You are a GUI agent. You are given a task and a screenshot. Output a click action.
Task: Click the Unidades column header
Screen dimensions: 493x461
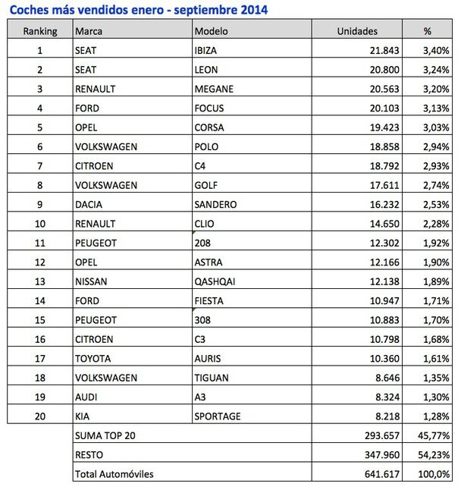click(357, 31)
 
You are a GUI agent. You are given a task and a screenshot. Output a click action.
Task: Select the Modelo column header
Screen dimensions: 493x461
click(211, 31)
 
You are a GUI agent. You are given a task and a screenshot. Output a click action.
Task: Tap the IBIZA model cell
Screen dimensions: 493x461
click(206, 50)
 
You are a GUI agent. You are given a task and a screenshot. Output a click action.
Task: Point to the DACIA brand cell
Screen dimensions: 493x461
click(89, 204)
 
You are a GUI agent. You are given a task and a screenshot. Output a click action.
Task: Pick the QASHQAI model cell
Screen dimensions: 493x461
click(215, 281)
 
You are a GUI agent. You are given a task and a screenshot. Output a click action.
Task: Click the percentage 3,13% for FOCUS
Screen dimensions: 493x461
click(436, 108)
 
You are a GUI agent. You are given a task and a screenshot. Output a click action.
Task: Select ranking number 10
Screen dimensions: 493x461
click(39, 224)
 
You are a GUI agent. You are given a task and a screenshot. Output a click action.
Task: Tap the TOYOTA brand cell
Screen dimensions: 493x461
click(93, 358)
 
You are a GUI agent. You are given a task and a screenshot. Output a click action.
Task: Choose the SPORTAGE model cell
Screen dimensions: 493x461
click(218, 416)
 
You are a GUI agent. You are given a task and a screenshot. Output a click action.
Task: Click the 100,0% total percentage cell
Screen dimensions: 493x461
click(435, 474)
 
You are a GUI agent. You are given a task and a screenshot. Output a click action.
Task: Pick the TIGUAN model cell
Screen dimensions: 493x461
click(212, 377)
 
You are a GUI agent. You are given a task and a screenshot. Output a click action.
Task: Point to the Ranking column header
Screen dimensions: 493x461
click(40, 31)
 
